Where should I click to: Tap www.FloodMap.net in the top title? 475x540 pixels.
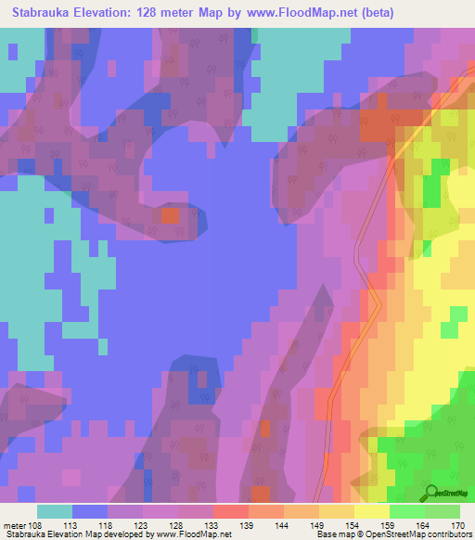pyautogui.click(x=295, y=12)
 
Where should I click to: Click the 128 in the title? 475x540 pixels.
pyautogui.click(x=164, y=12)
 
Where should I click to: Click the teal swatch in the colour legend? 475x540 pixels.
pyautogui.click(x=55, y=511)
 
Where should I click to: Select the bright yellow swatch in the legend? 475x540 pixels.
pyautogui.click(x=372, y=511)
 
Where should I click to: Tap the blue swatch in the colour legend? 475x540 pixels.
pyautogui.click(x=90, y=511)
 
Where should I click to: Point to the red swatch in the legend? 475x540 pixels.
pyautogui.click(x=231, y=511)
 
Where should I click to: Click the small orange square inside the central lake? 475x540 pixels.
pyautogui.click(x=170, y=215)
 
